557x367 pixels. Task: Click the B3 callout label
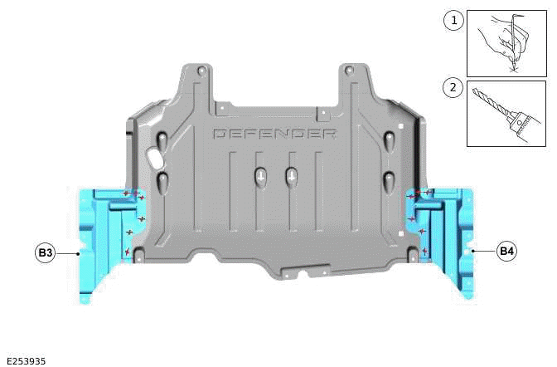point(45,251)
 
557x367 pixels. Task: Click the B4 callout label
point(506,249)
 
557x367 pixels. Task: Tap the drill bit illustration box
point(506,113)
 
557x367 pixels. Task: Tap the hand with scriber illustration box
point(506,43)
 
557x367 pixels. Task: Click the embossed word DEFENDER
point(274,134)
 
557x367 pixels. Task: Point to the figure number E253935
point(26,360)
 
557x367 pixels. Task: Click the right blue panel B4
point(448,241)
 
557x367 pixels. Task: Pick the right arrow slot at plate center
point(291,176)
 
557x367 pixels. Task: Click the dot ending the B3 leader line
point(78,251)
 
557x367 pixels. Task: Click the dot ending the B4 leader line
point(472,248)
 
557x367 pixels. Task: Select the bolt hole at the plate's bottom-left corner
point(138,252)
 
